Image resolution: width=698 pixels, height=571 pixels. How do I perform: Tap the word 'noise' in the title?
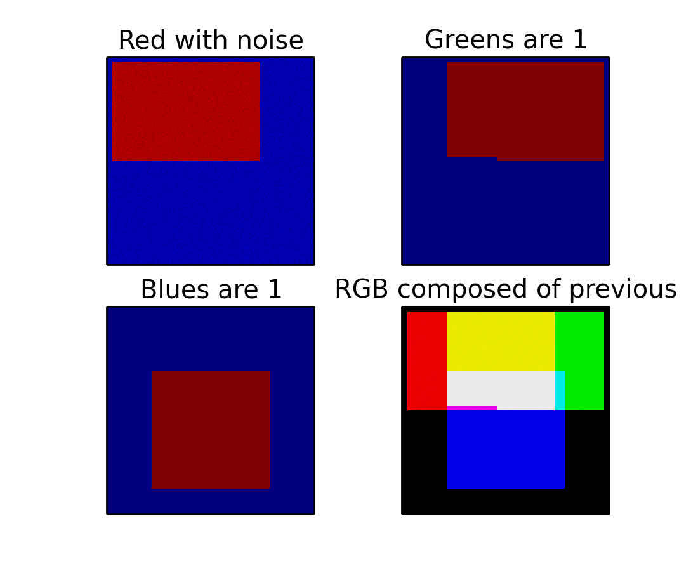(270, 40)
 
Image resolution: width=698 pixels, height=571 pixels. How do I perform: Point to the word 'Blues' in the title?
(177, 289)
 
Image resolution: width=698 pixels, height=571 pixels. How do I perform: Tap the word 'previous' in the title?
(622, 290)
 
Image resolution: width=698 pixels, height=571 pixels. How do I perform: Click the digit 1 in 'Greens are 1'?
(580, 39)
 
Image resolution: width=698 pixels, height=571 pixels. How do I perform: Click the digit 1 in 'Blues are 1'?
(275, 289)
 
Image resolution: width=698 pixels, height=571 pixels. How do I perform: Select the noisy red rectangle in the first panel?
(186, 111)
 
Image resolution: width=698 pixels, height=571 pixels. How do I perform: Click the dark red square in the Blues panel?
(211, 430)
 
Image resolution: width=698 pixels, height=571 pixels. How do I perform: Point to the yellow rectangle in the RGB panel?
(501, 341)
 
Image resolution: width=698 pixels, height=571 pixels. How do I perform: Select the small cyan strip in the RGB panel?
(560, 390)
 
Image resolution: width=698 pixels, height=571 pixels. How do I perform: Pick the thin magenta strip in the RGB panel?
(472, 408)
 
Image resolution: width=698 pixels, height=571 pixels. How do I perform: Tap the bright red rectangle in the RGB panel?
(427, 361)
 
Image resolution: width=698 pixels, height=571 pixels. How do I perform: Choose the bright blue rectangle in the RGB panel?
(506, 449)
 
